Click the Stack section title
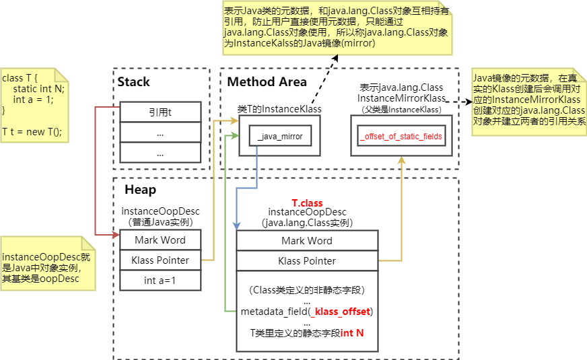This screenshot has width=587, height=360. [x=133, y=82]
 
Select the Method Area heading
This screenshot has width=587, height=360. [x=267, y=82]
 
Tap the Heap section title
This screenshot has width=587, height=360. [x=140, y=190]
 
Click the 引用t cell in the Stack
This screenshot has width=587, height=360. [x=160, y=112]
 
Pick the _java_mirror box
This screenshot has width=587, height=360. [x=280, y=137]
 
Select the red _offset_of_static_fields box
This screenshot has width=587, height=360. [x=401, y=137]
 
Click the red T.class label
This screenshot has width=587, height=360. [x=307, y=203]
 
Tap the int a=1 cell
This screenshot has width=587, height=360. [x=160, y=281]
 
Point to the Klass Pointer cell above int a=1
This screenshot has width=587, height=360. [x=160, y=260]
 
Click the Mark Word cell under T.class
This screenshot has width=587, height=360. [x=307, y=241]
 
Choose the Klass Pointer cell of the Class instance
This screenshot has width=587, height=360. [x=307, y=261]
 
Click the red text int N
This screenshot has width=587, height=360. [x=352, y=333]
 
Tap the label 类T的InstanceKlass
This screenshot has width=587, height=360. [x=279, y=109]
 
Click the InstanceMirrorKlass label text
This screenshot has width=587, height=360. [x=401, y=98]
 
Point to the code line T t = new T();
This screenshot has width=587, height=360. [x=32, y=131]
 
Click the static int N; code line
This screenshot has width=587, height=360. [x=38, y=89]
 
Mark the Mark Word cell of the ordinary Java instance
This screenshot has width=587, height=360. [x=160, y=240]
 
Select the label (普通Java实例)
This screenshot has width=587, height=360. [x=160, y=222]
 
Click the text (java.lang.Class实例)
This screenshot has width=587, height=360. [x=307, y=222]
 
